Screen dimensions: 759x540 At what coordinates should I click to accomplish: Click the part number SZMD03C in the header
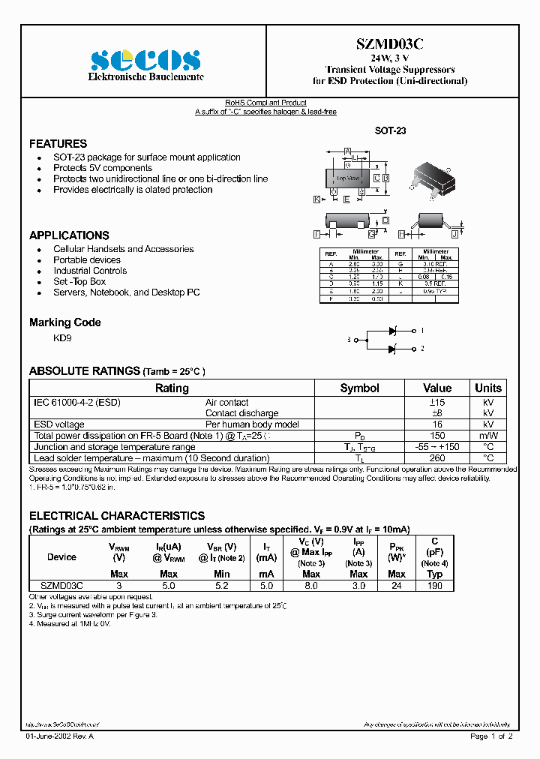click(x=390, y=44)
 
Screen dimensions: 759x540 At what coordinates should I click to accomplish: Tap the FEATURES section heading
click(x=58, y=143)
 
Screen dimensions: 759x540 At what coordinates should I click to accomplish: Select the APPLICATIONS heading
click(x=69, y=235)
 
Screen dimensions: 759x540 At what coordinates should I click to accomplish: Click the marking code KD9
click(x=62, y=338)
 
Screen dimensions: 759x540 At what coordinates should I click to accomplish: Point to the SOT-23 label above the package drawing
click(x=390, y=130)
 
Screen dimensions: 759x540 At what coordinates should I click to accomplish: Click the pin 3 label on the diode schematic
click(x=349, y=340)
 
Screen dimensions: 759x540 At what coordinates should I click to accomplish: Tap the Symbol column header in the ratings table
click(x=359, y=388)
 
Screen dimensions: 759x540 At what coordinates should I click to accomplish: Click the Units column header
click(x=488, y=388)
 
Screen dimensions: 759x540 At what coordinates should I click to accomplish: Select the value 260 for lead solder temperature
click(x=437, y=458)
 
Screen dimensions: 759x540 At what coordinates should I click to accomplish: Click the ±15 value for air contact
click(x=437, y=402)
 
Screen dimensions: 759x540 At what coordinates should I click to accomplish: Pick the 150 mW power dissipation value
click(x=437, y=436)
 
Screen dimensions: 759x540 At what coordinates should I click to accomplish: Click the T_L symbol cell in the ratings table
click(x=359, y=458)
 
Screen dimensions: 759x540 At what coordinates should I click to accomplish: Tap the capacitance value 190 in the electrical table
click(x=434, y=585)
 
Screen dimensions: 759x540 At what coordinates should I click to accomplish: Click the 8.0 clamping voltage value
click(x=311, y=585)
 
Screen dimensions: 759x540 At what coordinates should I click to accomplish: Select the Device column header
click(x=61, y=556)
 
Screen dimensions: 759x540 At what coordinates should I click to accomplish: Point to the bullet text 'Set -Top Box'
click(x=79, y=281)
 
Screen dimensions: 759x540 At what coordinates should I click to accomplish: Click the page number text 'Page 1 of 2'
click(x=491, y=736)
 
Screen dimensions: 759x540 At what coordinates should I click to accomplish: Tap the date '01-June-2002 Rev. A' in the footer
click(x=60, y=736)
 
